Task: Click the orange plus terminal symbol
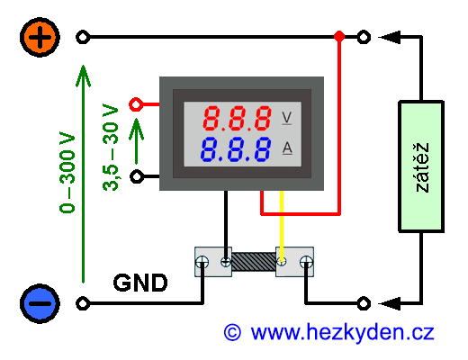[40, 37]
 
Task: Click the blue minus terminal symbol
[40, 303]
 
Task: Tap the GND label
[140, 283]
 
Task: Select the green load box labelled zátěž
[421, 166]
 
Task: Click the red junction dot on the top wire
[339, 37]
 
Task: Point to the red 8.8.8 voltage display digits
[237, 118]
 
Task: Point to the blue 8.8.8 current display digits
[236, 149]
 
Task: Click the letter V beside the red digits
[287, 118]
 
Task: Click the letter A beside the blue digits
[287, 148]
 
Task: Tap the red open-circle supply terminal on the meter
[136, 104]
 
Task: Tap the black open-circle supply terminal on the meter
[137, 176]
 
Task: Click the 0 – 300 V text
[67, 173]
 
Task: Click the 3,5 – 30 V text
[111, 148]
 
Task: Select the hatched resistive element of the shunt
[254, 262]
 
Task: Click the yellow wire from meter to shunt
[282, 227]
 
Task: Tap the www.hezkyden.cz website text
[342, 333]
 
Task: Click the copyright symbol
[232, 332]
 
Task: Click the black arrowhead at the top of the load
[390, 37]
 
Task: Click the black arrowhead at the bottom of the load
[390, 303]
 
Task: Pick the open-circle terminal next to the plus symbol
[83, 37]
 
